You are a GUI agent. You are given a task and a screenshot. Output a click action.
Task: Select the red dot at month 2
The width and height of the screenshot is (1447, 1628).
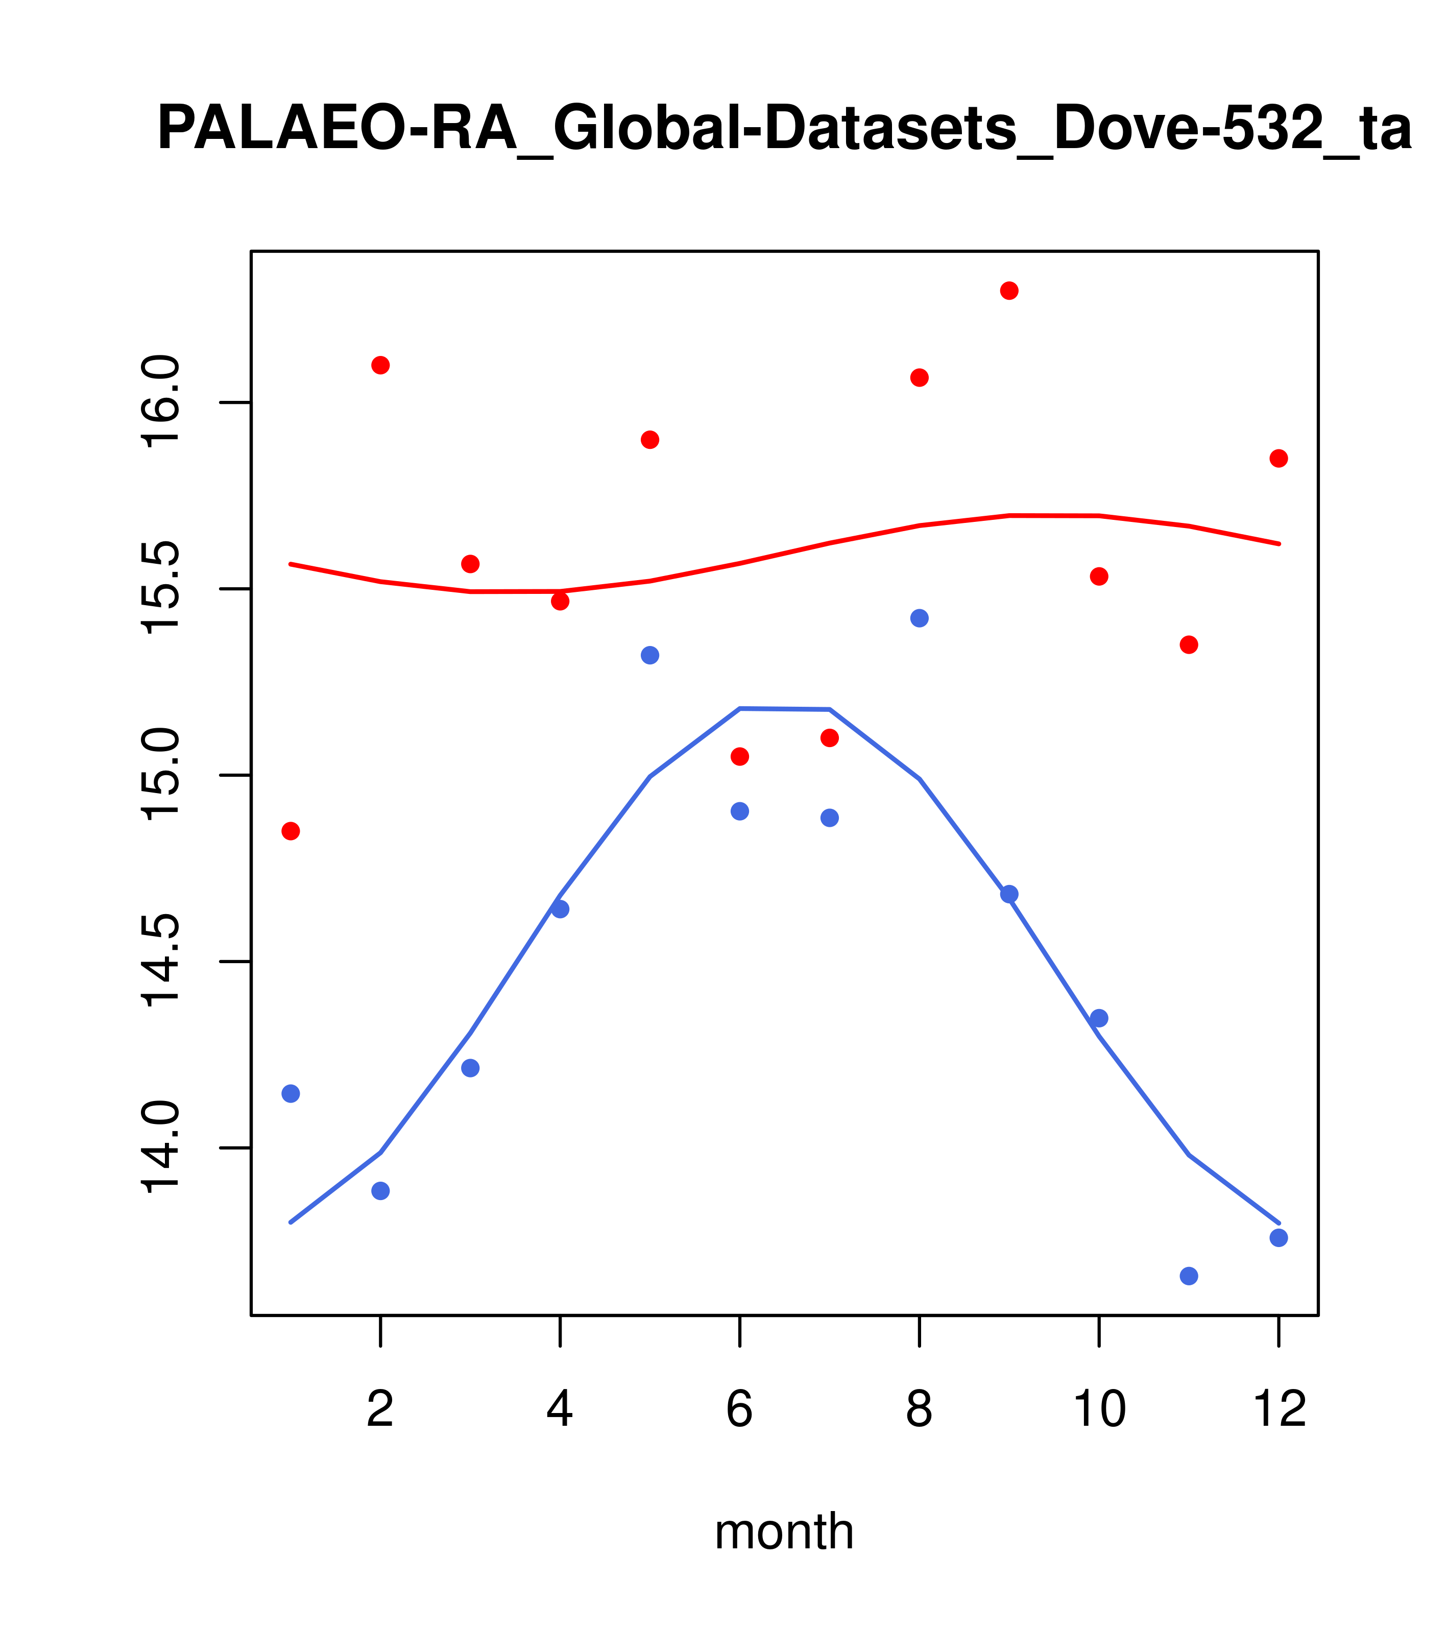click(381, 366)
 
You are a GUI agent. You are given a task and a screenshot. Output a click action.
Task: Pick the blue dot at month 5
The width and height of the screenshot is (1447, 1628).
click(650, 656)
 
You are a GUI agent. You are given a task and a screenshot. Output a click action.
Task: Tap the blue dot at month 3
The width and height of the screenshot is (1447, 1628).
click(471, 1068)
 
